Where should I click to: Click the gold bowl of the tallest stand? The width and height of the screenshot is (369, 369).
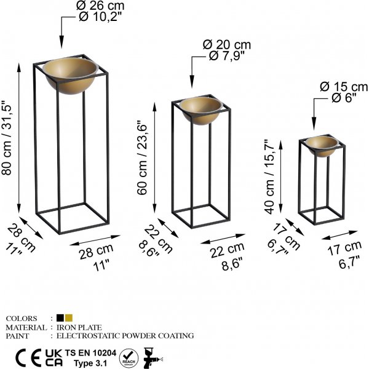pos(70,75)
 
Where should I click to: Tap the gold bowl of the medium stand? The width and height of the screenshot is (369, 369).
pos(200,110)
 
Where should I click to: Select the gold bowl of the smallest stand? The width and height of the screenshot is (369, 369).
pos(322,146)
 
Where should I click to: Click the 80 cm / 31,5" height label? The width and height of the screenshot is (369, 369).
pos(7,138)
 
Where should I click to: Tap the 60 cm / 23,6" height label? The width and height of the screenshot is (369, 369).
pos(142,158)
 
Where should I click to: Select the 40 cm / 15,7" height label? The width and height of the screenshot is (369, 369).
pos(270,177)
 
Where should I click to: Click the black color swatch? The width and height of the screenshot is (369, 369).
pos(60,318)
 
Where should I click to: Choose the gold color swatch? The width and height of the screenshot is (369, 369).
pos(69,318)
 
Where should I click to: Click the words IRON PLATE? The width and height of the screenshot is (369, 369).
pos(79,327)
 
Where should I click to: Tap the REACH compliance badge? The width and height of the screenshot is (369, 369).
pos(129,358)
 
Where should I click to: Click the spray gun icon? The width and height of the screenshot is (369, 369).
pos(153,358)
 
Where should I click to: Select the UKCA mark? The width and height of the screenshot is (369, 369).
pos(54,358)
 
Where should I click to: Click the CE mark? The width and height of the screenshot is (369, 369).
pos(28,358)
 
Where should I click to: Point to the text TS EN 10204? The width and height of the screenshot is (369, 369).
pos(90,353)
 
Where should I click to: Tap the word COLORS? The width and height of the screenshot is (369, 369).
pos(22,319)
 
